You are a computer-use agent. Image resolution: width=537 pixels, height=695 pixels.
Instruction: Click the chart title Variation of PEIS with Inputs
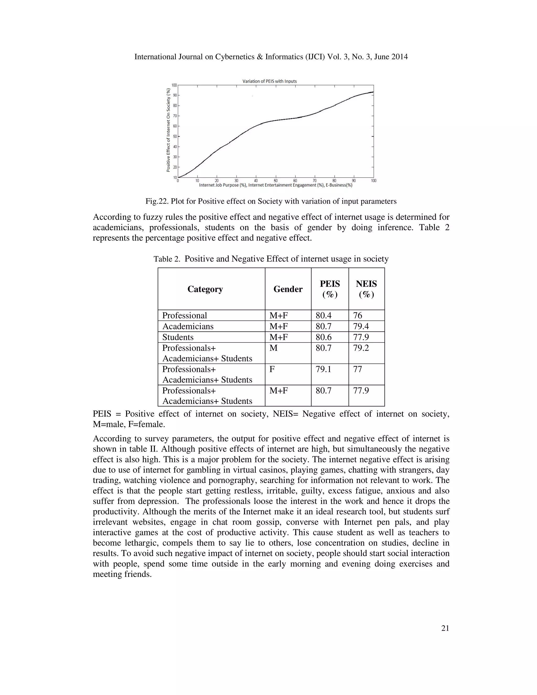270,81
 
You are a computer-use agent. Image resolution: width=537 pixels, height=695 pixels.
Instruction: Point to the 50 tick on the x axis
276,181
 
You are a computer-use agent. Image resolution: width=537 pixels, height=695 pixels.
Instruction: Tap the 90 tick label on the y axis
174,95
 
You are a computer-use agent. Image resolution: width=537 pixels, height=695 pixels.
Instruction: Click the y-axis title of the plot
168,130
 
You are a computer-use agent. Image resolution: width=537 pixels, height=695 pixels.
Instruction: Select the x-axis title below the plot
276,185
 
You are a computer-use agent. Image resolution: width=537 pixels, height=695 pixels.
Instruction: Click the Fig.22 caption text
271,201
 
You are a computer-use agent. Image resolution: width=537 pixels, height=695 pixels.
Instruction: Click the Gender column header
288,289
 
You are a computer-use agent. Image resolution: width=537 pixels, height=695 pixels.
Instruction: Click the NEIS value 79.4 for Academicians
361,326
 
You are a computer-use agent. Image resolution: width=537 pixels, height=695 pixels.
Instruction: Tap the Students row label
178,337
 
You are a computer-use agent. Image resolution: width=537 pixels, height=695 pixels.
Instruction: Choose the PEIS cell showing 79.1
323,369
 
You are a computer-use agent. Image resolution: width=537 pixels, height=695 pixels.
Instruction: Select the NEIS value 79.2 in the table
361,348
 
